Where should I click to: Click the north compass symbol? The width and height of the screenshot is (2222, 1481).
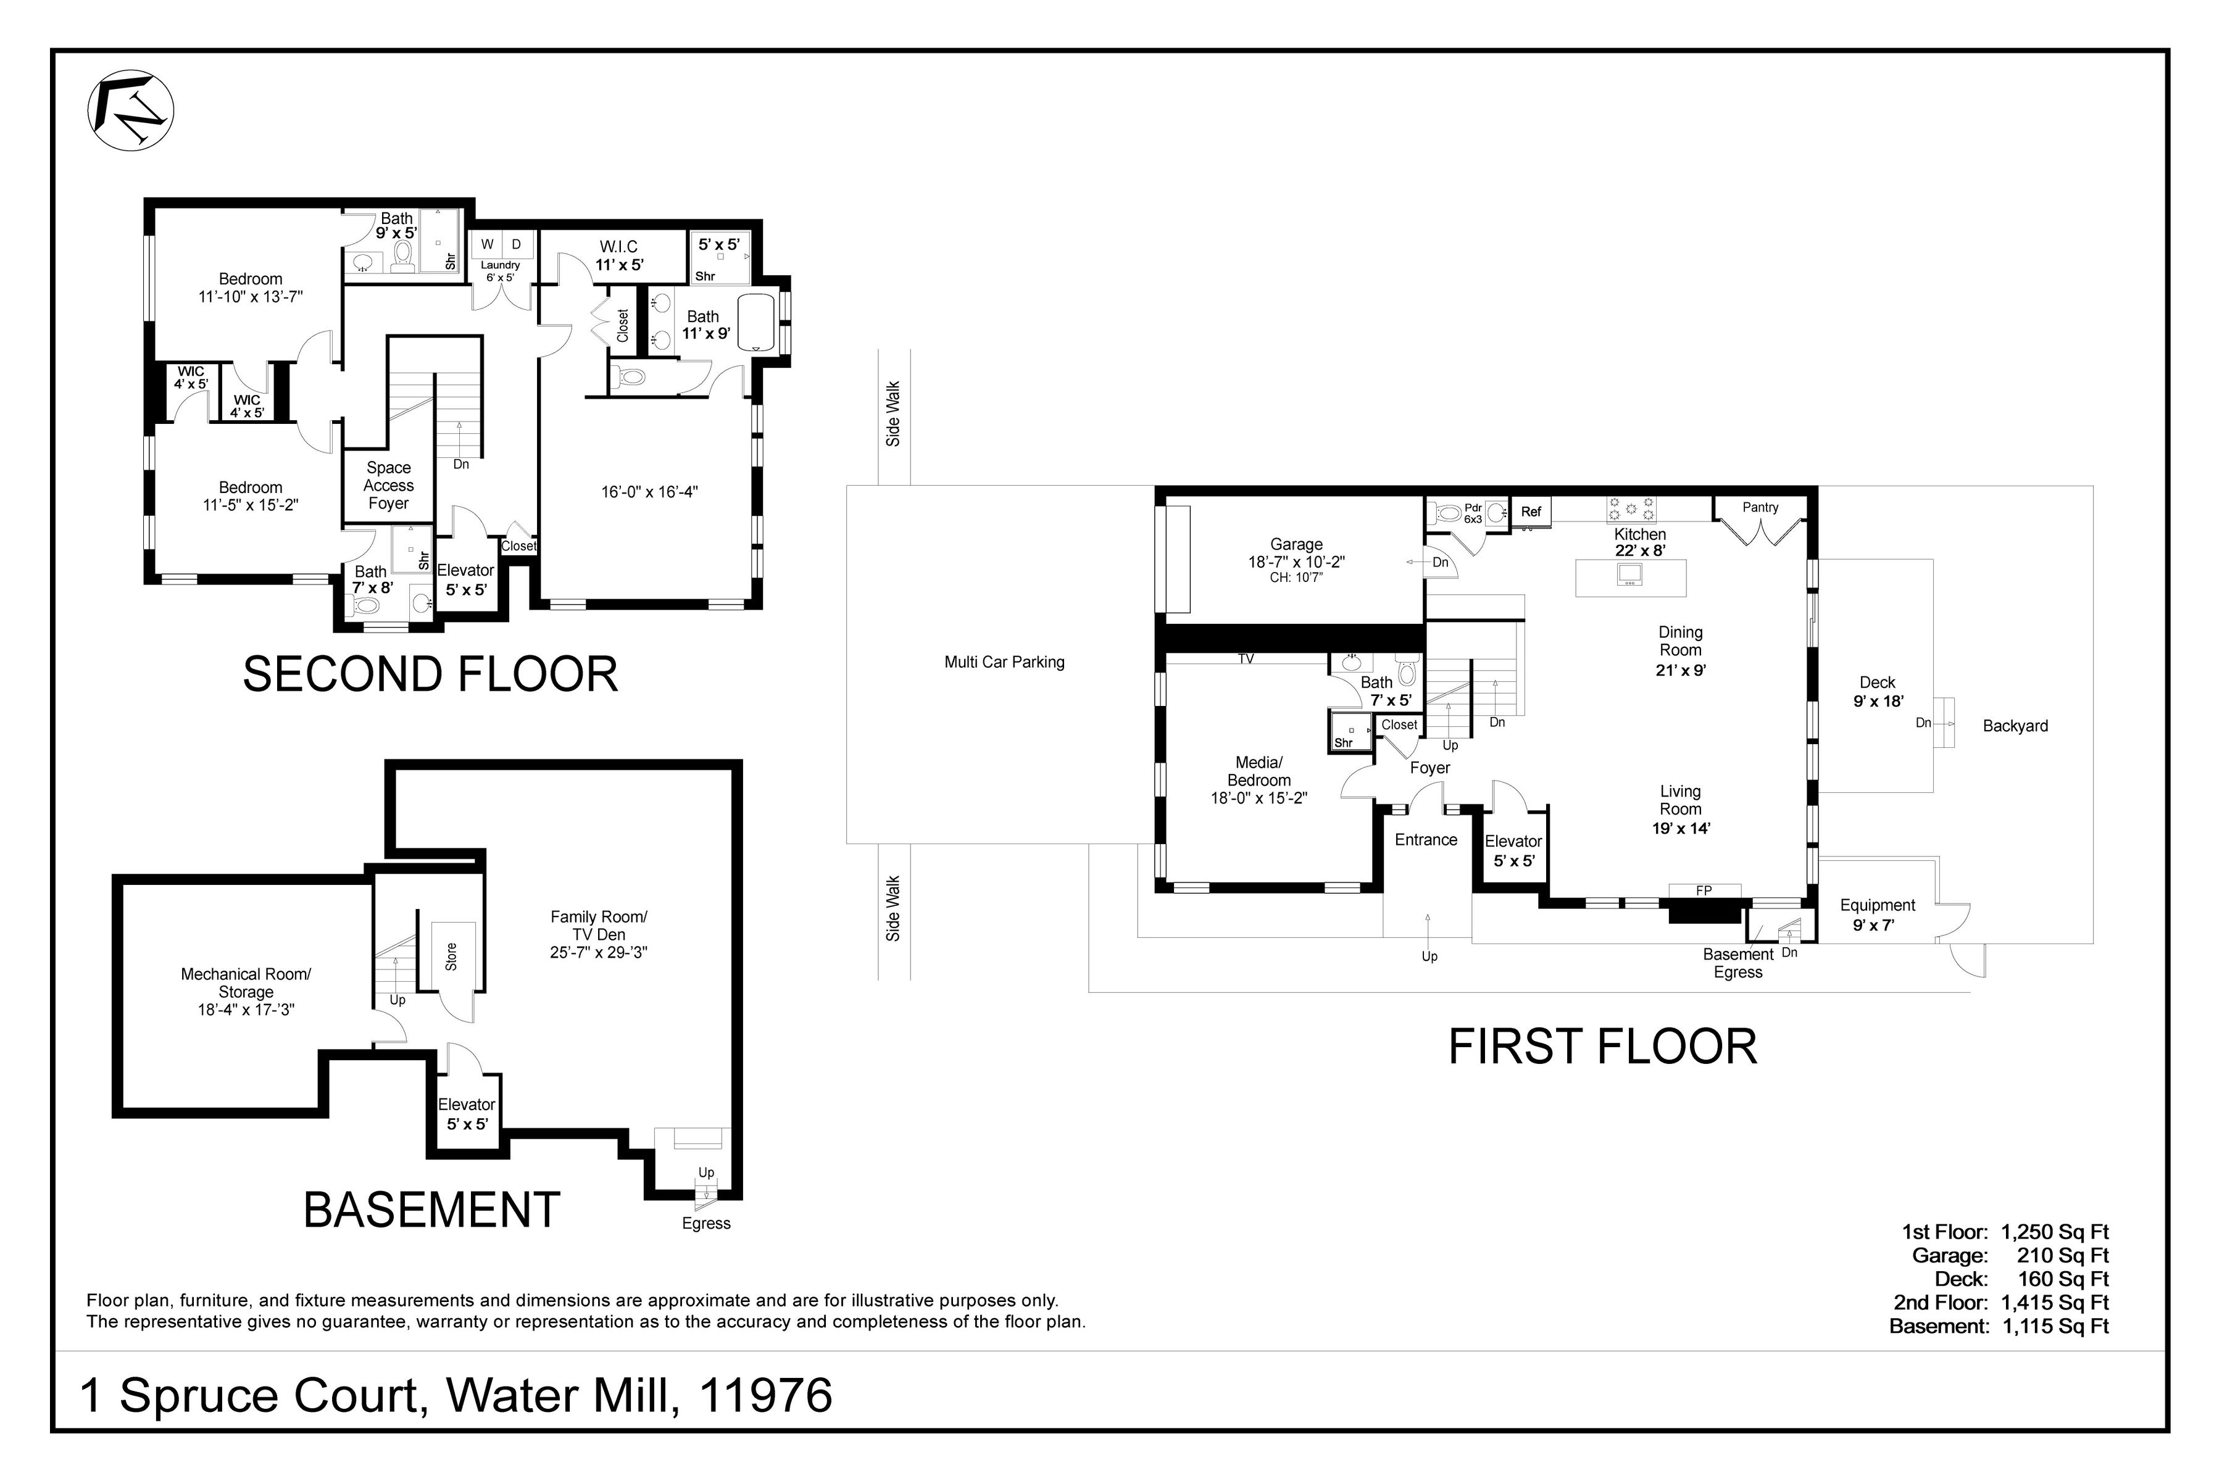pos(130,110)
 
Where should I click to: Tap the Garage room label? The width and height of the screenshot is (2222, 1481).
pos(1296,545)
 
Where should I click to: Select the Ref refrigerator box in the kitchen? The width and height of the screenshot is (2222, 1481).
pos(1531,512)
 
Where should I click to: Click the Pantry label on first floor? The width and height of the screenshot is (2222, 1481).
pos(1760,507)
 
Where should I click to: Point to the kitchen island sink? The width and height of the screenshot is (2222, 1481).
pos(1631,573)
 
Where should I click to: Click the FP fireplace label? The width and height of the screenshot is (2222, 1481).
pos(1704,890)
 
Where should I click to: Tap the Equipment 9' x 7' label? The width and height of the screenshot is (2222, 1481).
pos(1876,915)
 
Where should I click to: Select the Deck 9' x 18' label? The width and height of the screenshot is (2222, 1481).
pos(1877,691)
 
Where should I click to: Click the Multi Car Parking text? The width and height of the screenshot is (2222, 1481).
pos(1004,662)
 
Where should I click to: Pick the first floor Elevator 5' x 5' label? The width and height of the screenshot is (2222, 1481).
pos(1513,851)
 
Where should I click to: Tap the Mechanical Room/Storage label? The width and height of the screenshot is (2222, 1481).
pos(246,992)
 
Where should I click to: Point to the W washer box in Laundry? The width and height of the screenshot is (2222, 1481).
pos(488,244)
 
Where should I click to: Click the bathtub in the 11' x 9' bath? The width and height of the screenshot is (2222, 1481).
pos(755,323)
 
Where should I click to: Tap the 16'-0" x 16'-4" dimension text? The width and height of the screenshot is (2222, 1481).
pos(649,492)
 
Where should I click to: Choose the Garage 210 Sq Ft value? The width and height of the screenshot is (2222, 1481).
pos(2062,1255)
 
